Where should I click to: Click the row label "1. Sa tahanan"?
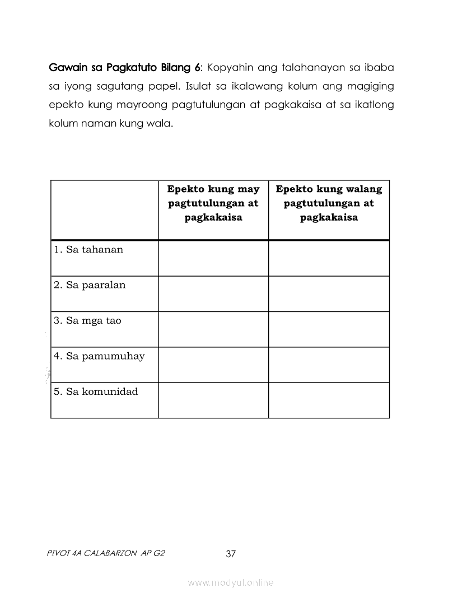(88, 250)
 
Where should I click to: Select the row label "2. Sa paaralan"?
(90, 285)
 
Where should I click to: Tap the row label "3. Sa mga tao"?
(87, 321)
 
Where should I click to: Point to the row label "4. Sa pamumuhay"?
(99, 356)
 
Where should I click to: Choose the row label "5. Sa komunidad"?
(96, 391)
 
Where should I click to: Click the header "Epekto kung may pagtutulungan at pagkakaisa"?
(213, 203)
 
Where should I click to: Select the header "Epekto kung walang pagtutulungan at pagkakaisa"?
(329, 203)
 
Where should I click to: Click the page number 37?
(231, 554)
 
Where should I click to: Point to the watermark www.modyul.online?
(231, 583)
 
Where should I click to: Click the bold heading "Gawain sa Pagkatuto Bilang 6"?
(125, 68)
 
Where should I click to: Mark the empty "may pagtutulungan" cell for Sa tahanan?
(213, 258)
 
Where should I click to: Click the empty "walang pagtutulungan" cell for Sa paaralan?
(329, 293)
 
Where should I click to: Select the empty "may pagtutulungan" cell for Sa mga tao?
(213, 329)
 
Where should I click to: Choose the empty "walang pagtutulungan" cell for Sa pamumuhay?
(329, 365)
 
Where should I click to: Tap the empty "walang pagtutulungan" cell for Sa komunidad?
(329, 400)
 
